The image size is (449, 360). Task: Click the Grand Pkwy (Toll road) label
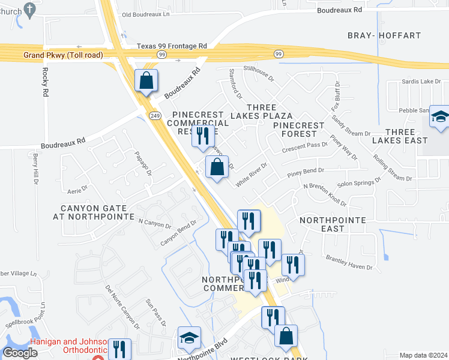click(63, 55)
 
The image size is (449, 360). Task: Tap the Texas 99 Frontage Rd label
click(171, 46)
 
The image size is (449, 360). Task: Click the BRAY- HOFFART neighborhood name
click(393, 36)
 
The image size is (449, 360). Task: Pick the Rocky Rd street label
click(46, 82)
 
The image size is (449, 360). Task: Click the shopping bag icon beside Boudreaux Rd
click(146, 80)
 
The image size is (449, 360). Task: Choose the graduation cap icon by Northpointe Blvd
click(189, 338)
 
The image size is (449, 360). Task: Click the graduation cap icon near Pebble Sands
click(440, 118)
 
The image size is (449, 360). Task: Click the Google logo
click(20, 353)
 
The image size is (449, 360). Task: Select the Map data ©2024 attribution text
click(423, 355)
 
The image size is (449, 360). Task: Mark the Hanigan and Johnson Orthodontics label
click(59, 346)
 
